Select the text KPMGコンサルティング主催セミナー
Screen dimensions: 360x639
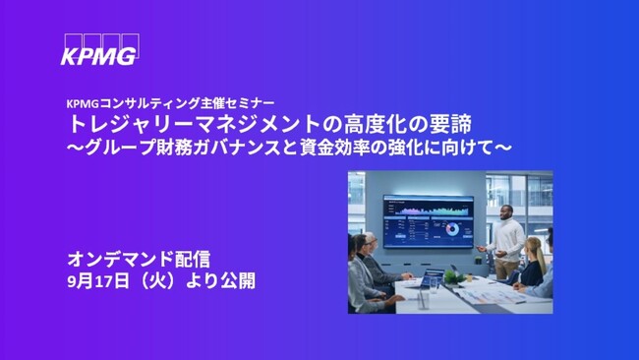click(x=170, y=101)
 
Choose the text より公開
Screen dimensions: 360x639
click(x=232, y=280)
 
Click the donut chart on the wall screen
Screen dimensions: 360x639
click(x=452, y=229)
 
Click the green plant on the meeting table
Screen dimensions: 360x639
click(x=454, y=274)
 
